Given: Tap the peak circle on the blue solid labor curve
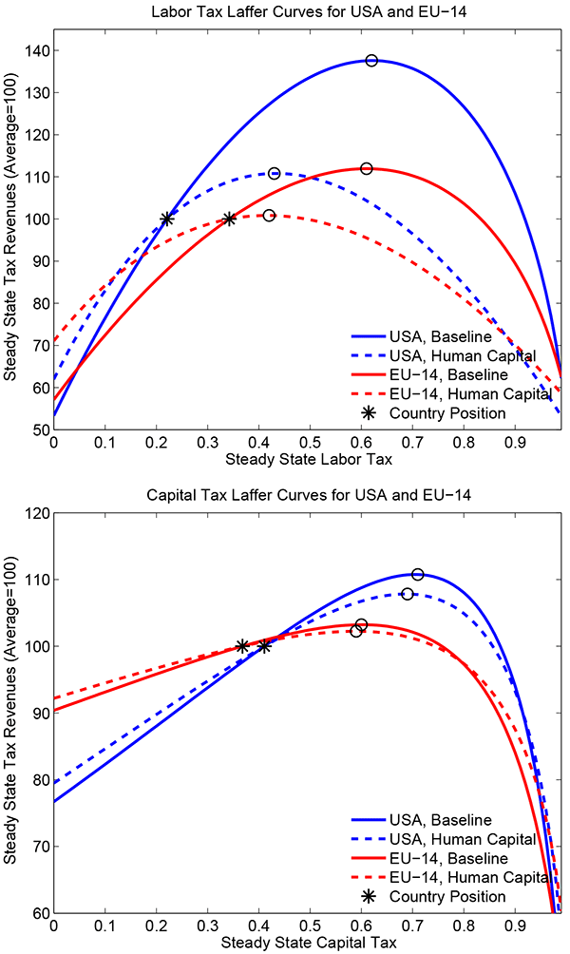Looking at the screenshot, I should pos(371,60).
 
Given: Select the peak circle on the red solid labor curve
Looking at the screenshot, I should pos(367,168).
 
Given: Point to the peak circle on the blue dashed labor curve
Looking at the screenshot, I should pos(275,173).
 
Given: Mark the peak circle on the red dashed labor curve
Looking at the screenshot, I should pos(269,216).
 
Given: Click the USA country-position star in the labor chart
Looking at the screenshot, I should pos(167,219).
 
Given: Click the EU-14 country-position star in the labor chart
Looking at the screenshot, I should pos(229,219).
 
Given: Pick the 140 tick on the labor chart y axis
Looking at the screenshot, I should pos(36,50).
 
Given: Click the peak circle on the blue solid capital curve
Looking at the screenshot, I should pos(417,574).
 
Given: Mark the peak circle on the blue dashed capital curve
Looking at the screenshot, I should pos(408,594).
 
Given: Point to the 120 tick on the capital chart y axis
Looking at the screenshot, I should pos(36,513).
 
